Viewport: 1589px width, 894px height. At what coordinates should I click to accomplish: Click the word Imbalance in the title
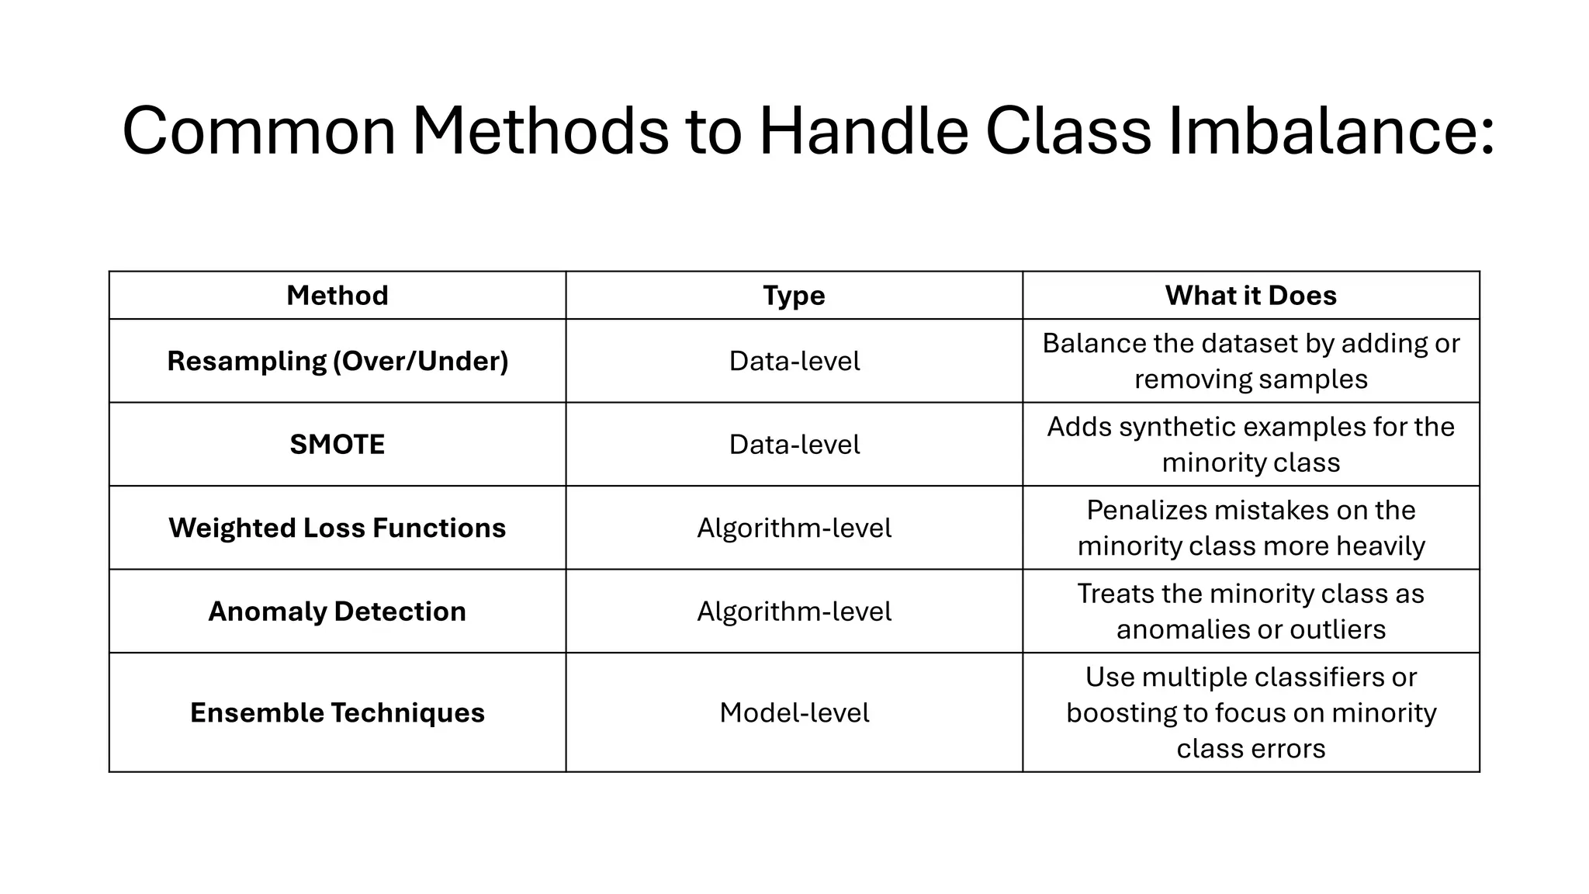pyautogui.click(x=1331, y=130)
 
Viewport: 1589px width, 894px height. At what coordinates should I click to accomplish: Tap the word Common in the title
pyautogui.click(x=259, y=130)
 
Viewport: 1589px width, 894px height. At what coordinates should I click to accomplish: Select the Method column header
pyautogui.click(x=337, y=296)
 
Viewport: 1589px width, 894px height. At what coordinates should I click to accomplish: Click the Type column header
pyautogui.click(x=794, y=296)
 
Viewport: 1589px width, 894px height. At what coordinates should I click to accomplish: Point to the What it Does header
pyautogui.click(x=1251, y=296)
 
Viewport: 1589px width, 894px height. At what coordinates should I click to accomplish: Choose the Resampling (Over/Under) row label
pyautogui.click(x=338, y=361)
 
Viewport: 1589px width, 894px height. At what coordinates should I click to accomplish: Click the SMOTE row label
pyautogui.click(x=337, y=445)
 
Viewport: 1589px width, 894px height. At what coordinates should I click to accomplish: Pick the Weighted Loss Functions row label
pyautogui.click(x=337, y=528)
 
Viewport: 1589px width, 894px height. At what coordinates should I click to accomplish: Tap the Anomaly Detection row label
pyautogui.click(x=337, y=612)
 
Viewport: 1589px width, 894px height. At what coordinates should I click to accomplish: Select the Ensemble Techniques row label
pyautogui.click(x=337, y=712)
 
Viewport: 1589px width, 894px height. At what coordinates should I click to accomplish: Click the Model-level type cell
pyautogui.click(x=794, y=712)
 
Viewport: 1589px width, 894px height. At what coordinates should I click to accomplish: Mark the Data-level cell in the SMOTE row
pyautogui.click(x=794, y=445)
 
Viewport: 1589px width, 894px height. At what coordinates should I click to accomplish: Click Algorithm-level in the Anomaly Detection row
pyautogui.click(x=794, y=612)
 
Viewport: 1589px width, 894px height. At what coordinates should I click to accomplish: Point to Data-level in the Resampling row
pyautogui.click(x=794, y=361)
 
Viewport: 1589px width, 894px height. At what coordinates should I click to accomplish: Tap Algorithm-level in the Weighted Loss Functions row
pyautogui.click(x=794, y=528)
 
